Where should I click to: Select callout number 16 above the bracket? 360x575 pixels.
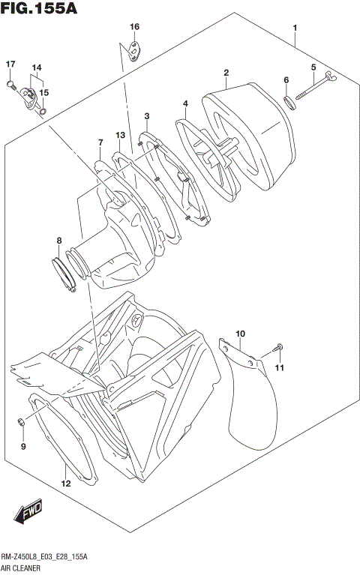pyautogui.click(x=134, y=27)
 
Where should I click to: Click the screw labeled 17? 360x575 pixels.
pyautogui.click(x=11, y=84)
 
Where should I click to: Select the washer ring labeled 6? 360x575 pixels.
pyautogui.click(x=290, y=100)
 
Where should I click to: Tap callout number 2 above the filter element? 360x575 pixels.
pyautogui.click(x=225, y=73)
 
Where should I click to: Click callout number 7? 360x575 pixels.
pyautogui.click(x=100, y=142)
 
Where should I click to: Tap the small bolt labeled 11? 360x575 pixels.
pyautogui.click(x=278, y=348)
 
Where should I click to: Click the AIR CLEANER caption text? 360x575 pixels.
pyautogui.click(x=23, y=569)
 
